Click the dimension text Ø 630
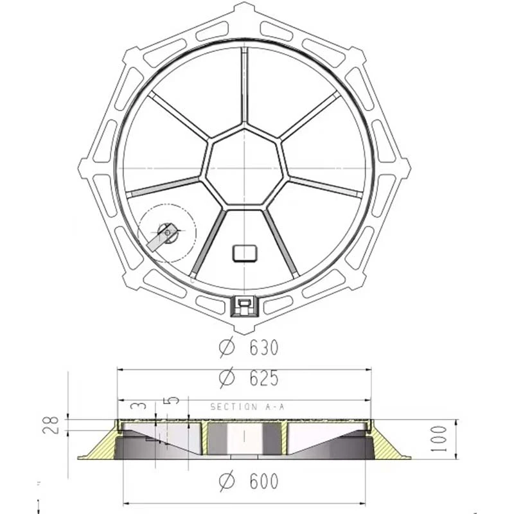[249, 348]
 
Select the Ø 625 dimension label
[249, 378]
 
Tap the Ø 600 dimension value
[249, 481]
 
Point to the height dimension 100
[438, 438]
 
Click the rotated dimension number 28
[52, 425]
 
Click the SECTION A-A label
[247, 407]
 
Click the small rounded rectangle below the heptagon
[244, 253]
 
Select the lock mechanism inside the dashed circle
[165, 234]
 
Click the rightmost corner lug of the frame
[403, 168]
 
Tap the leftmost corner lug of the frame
[85, 168]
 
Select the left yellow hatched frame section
[99, 447]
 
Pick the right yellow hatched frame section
[388, 446]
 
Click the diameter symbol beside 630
[226, 348]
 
